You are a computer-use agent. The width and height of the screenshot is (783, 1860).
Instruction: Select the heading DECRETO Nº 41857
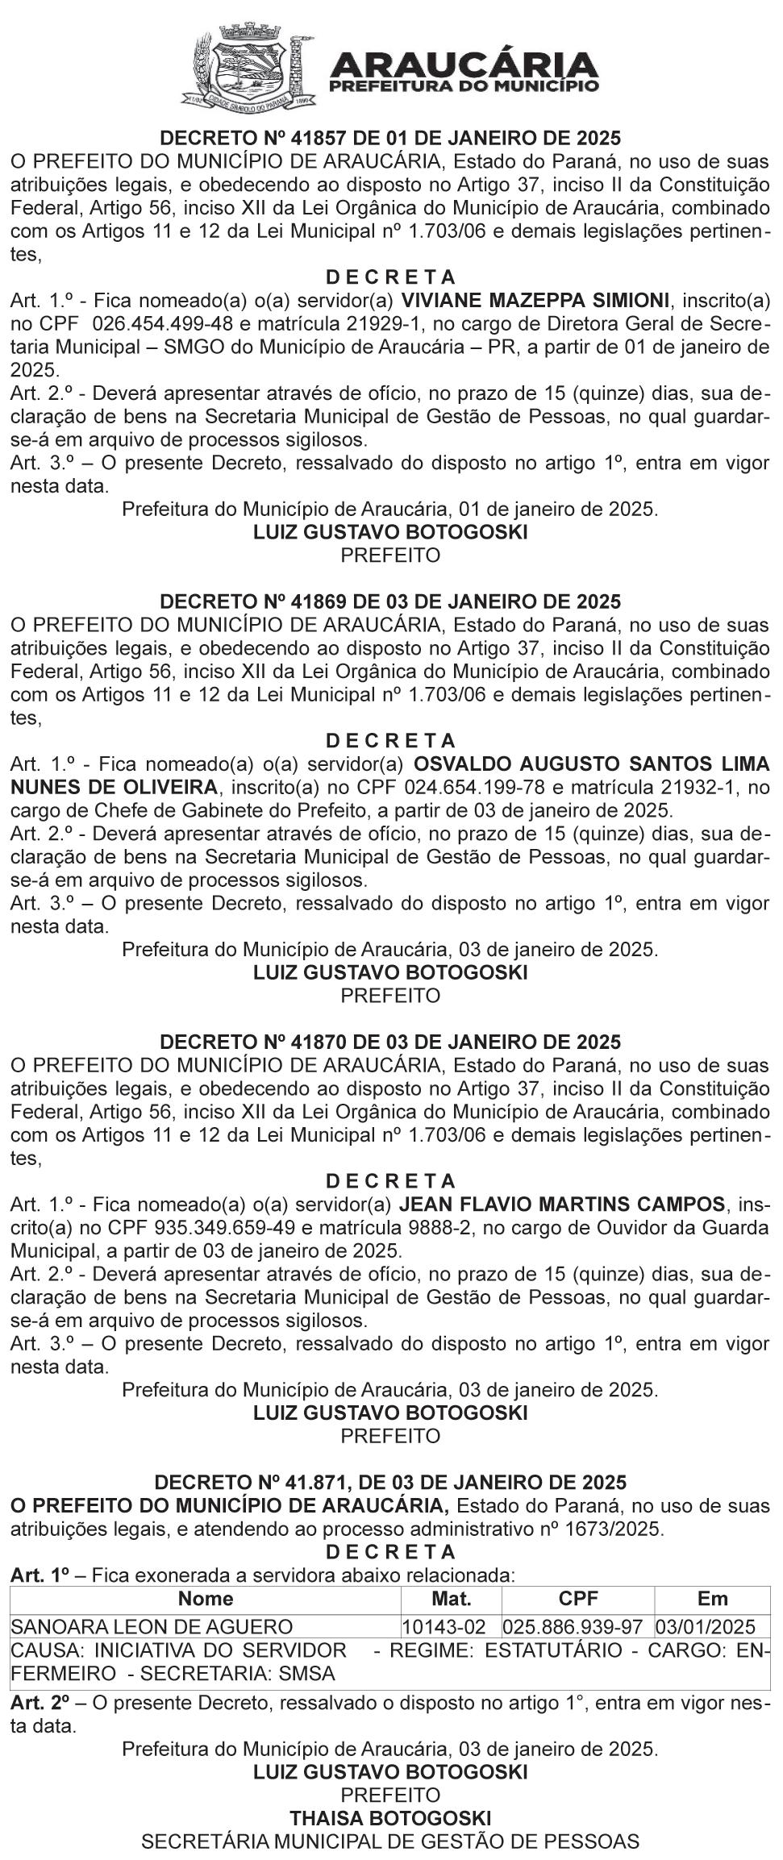pyautogui.click(x=390, y=137)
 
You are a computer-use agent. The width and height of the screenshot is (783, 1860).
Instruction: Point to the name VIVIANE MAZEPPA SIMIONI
pyautogui.click(x=535, y=301)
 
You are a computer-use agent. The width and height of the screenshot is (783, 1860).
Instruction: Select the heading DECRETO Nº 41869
pyautogui.click(x=390, y=601)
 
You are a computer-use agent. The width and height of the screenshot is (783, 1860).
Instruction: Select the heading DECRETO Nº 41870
pyautogui.click(x=390, y=1042)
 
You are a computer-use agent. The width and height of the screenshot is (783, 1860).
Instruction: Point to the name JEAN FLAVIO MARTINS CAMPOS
pyautogui.click(x=562, y=1205)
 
